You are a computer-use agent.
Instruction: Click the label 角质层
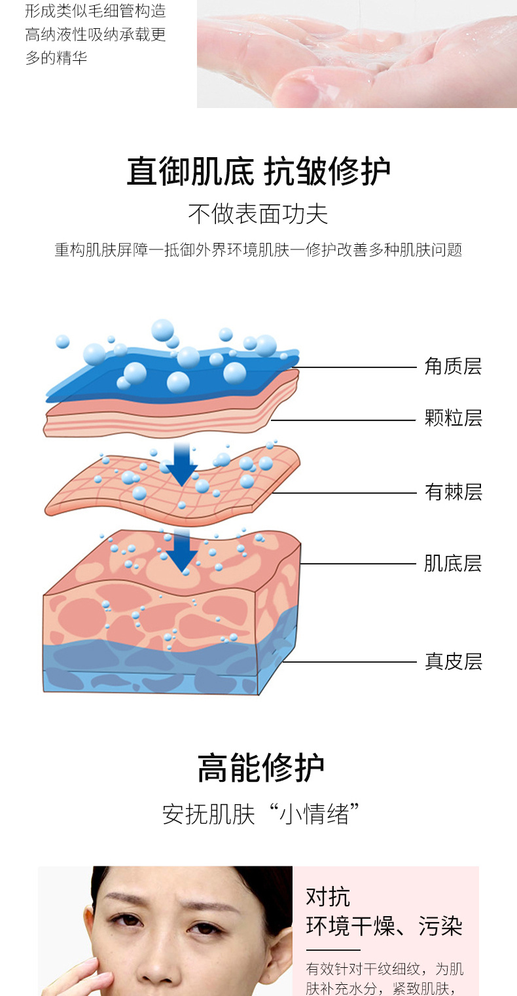pyautogui.click(x=453, y=367)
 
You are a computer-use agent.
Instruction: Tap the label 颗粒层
pyautogui.click(x=453, y=418)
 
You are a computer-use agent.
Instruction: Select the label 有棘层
pyautogui.click(x=453, y=492)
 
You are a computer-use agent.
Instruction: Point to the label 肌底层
pyautogui.click(x=453, y=563)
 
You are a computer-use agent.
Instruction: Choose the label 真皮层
pyautogui.click(x=453, y=661)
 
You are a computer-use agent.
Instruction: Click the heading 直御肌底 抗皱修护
pyautogui.click(x=258, y=171)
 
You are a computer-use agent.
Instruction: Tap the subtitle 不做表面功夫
pyautogui.click(x=258, y=214)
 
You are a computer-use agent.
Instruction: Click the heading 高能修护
pyautogui.click(x=260, y=767)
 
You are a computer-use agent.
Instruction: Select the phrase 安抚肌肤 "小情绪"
pyautogui.click(x=260, y=814)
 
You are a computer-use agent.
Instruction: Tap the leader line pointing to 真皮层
pyautogui.click(x=349, y=661)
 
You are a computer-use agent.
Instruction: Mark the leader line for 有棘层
pyautogui.click(x=344, y=492)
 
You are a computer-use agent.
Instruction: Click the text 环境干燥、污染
pyautogui.click(x=384, y=926)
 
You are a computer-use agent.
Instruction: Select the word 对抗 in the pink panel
pyautogui.click(x=328, y=897)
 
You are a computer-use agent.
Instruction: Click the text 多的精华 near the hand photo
pyautogui.click(x=56, y=58)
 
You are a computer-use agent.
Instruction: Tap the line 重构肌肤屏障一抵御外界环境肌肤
pyautogui.click(x=172, y=250)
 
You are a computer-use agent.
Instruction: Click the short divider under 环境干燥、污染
pyautogui.click(x=333, y=950)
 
